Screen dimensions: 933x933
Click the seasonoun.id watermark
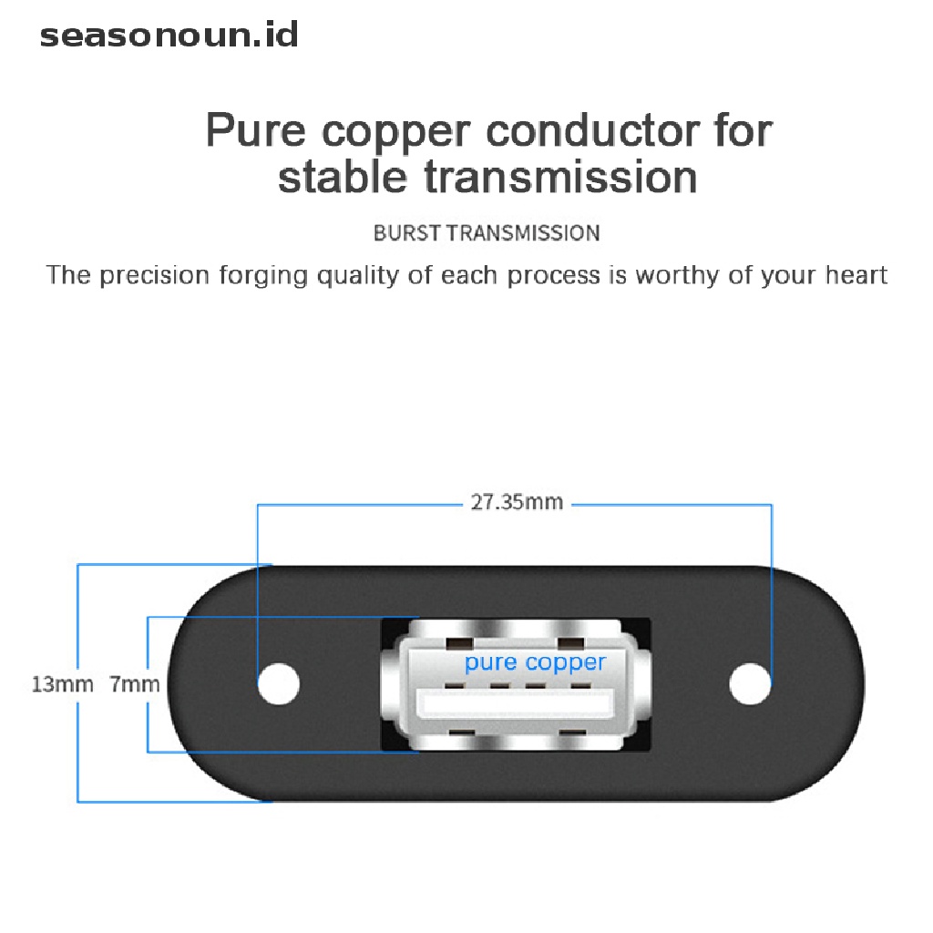click(x=169, y=36)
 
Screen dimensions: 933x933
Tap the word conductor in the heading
click(x=593, y=130)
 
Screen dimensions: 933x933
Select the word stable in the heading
click(x=343, y=177)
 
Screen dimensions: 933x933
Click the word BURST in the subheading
click(x=407, y=232)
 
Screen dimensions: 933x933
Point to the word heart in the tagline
click(x=856, y=275)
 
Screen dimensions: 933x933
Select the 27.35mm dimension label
click(x=517, y=502)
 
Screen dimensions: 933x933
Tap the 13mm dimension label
click(x=63, y=684)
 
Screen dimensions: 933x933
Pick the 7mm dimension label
click(x=135, y=684)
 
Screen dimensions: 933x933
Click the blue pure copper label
click(x=535, y=663)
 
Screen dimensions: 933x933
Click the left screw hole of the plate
click(x=279, y=683)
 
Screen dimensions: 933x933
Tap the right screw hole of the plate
click(x=750, y=683)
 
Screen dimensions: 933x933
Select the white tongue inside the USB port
click(x=516, y=704)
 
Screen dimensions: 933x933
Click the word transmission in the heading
click(x=560, y=177)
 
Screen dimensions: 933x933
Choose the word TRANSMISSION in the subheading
click(x=523, y=232)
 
